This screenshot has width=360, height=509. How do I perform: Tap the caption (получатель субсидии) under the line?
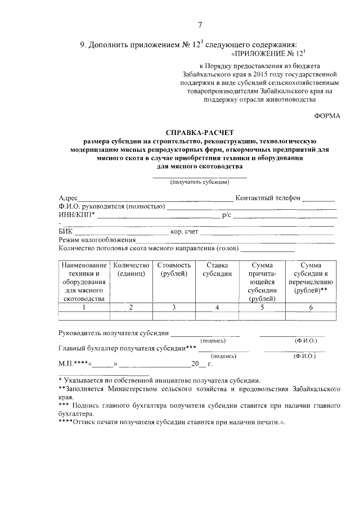click(200, 182)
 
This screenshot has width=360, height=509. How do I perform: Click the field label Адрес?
click(68, 198)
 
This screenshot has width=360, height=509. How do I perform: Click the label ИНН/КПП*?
click(76, 214)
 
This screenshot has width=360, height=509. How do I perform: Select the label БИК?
click(65, 231)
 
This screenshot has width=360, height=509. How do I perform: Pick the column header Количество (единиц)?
click(130, 269)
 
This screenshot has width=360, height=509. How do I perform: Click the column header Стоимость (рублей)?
click(174, 269)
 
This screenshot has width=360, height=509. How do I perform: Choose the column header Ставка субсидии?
click(217, 269)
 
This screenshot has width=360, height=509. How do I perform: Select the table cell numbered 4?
click(217, 307)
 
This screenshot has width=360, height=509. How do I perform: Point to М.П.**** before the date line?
click(73, 363)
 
